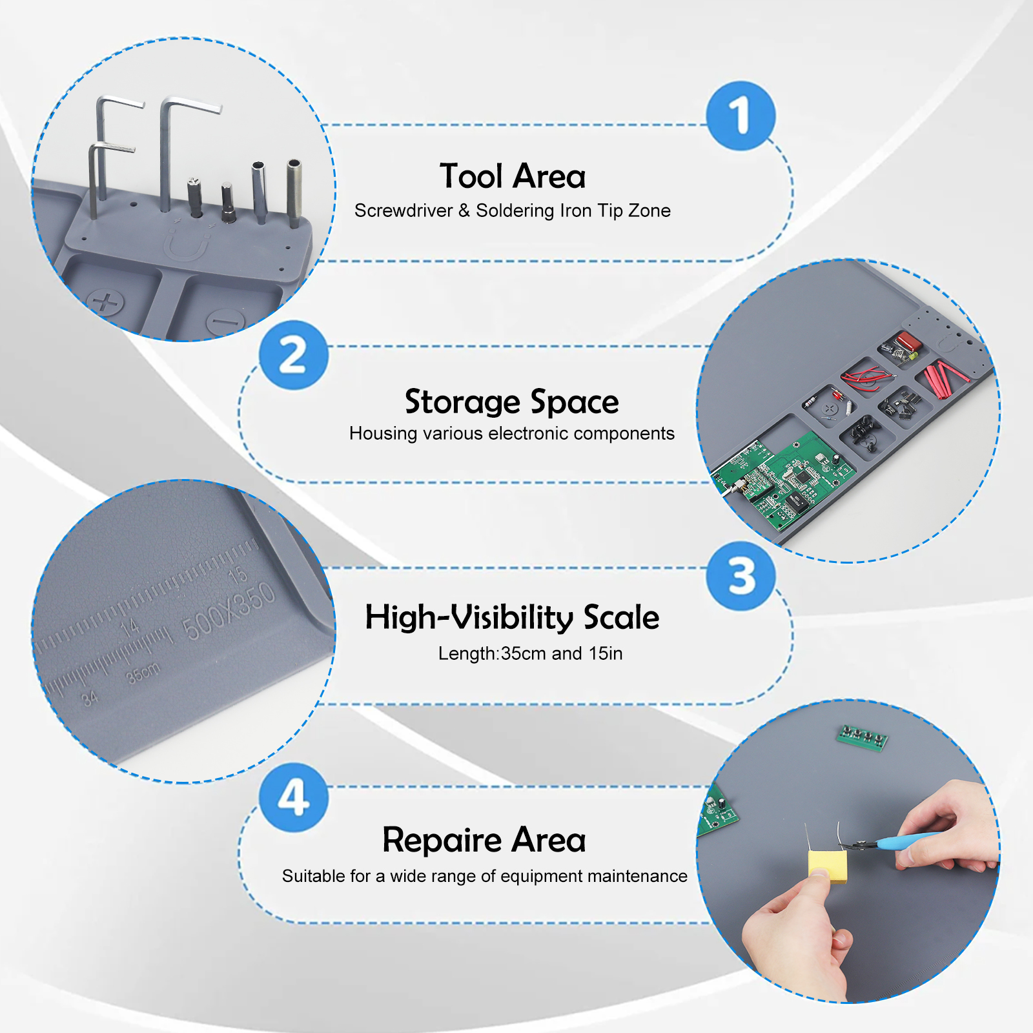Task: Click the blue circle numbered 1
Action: [741, 116]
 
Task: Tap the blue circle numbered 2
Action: [294, 355]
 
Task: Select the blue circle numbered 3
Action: [741, 577]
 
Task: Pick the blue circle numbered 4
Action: [294, 797]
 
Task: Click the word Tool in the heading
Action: [471, 176]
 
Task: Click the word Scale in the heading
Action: [621, 617]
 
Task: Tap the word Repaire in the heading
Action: [442, 841]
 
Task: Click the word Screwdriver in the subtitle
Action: [404, 210]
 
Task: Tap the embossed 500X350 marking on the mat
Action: [229, 611]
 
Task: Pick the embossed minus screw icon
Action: [226, 320]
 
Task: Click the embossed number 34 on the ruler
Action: [90, 698]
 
